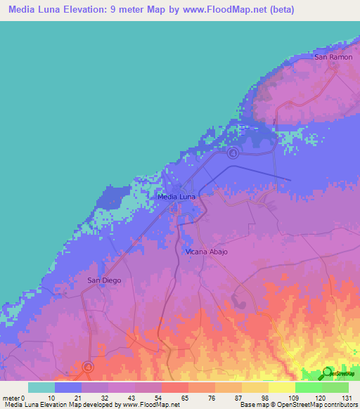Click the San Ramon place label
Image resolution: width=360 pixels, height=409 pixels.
[333, 56]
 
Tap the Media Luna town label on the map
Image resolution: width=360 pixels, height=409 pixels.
[176, 197]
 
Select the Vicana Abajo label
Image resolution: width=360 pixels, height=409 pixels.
[207, 251]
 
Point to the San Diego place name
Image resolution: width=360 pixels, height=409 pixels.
[104, 280]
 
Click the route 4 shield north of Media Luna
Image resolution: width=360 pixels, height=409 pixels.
[233, 152]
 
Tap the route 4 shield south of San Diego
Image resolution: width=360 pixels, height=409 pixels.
[88, 366]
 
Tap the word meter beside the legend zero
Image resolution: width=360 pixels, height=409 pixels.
[11, 398]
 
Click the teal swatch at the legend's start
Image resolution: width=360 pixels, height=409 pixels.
[41, 387]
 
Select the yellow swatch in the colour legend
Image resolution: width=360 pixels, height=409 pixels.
[282, 387]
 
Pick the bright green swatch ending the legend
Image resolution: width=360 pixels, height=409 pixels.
[335, 387]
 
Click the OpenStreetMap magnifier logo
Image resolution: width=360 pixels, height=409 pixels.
[328, 372]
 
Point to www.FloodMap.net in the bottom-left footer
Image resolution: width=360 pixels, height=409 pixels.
[148, 405]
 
